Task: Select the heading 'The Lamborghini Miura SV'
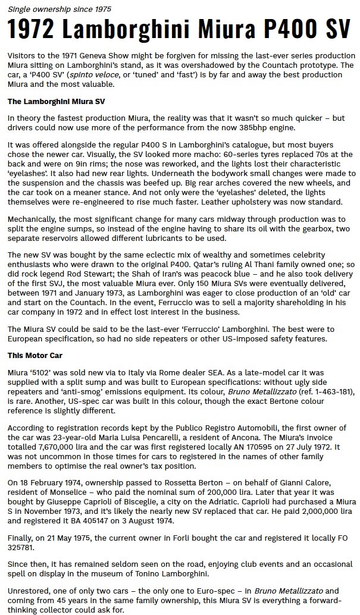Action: pos(56,101)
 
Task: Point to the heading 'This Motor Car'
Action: pos(35,355)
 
